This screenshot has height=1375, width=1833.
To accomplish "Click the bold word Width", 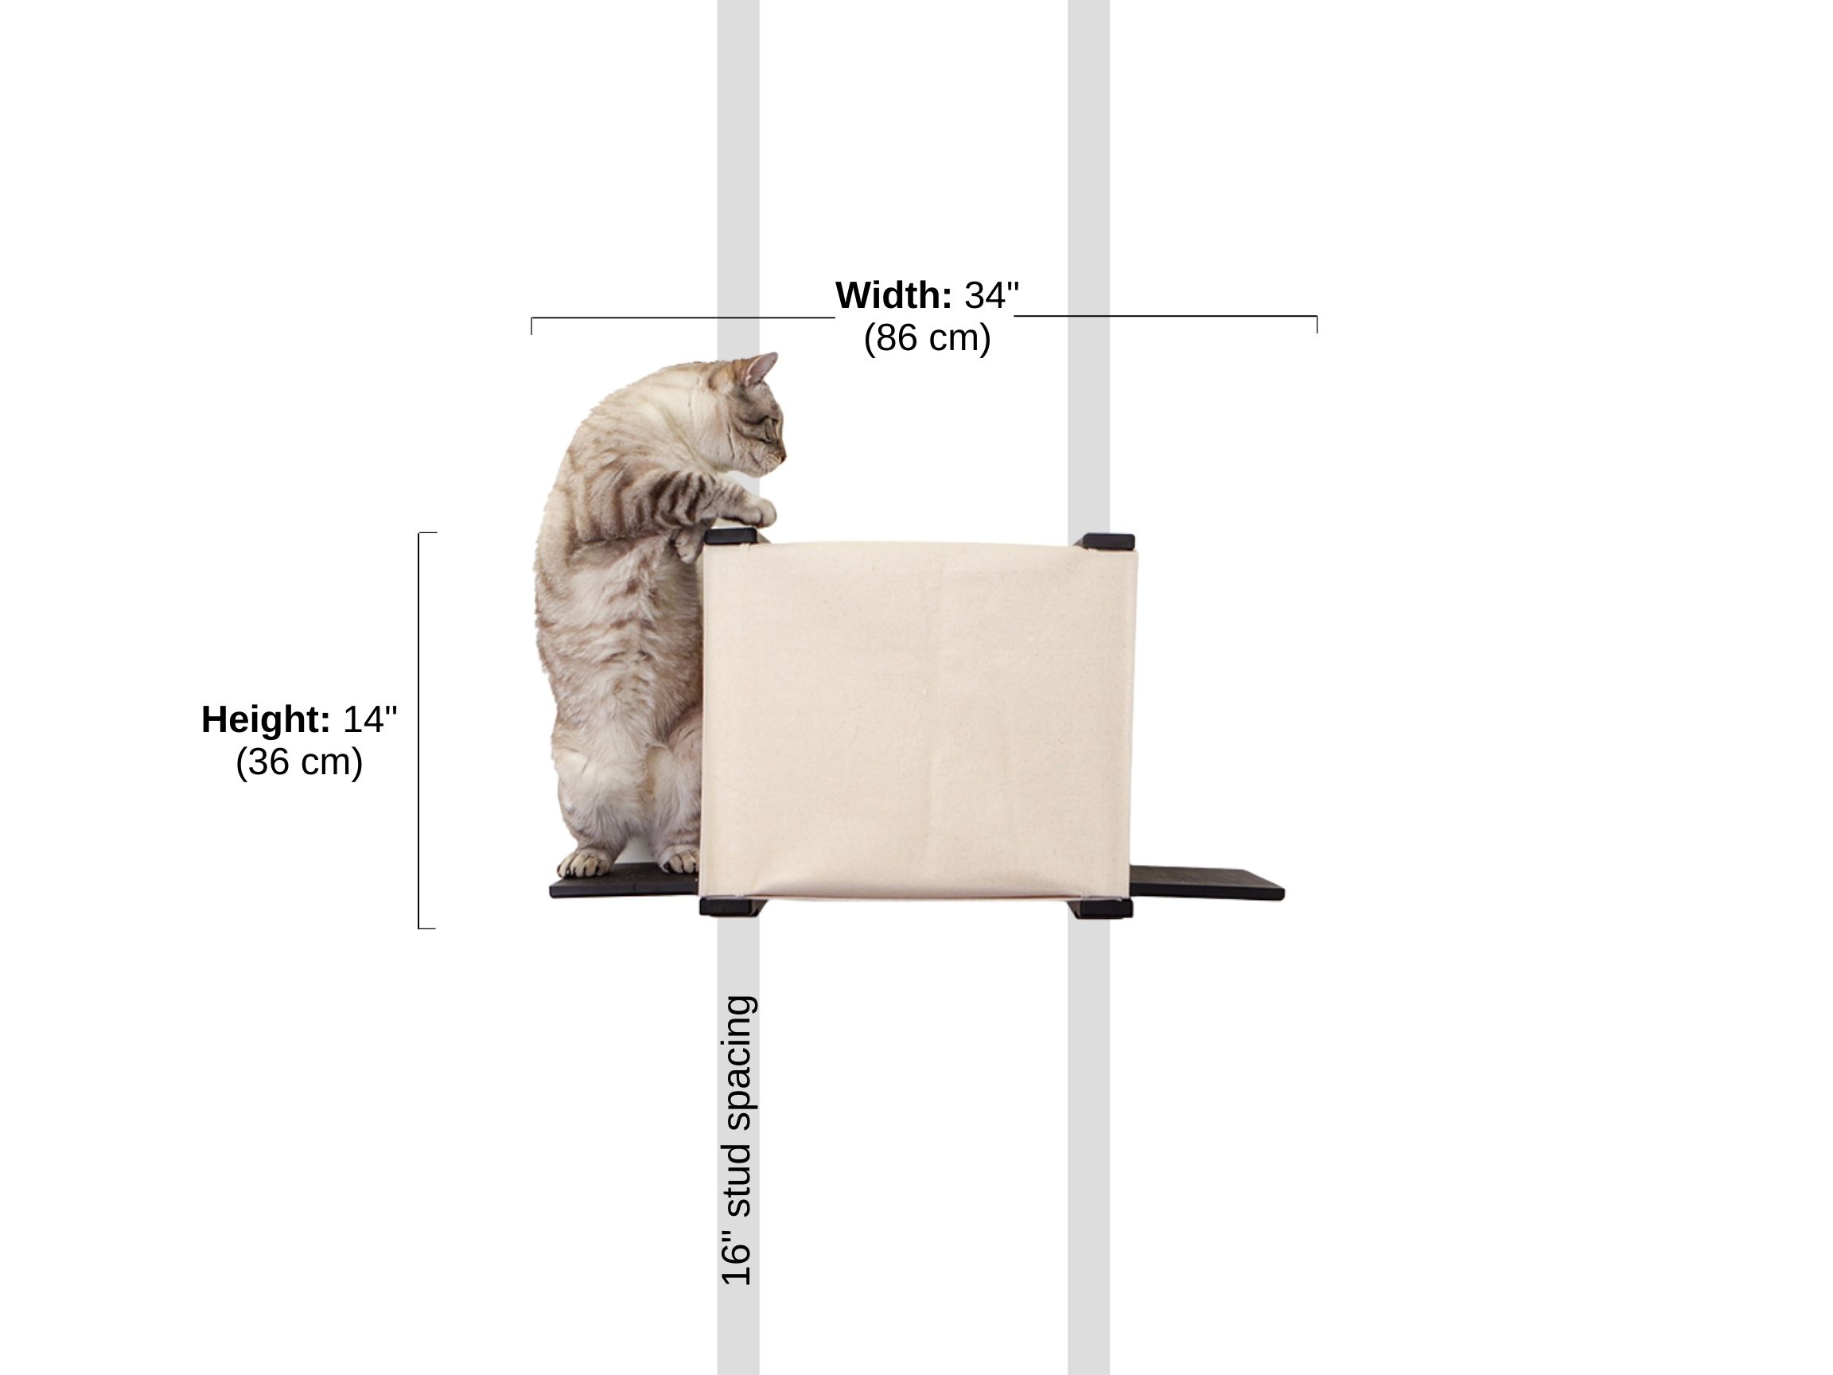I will (x=893, y=296).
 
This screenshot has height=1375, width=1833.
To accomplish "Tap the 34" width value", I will (x=991, y=296).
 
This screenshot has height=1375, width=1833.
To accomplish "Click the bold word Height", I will (x=266, y=719).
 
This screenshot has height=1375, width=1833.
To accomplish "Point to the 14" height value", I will (x=370, y=719).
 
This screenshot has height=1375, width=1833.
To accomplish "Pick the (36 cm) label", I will (x=299, y=762).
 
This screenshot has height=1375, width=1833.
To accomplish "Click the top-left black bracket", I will (x=730, y=536).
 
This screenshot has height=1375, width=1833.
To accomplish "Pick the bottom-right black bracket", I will (x=1102, y=909).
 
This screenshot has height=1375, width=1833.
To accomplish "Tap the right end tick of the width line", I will (x=1316, y=324).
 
